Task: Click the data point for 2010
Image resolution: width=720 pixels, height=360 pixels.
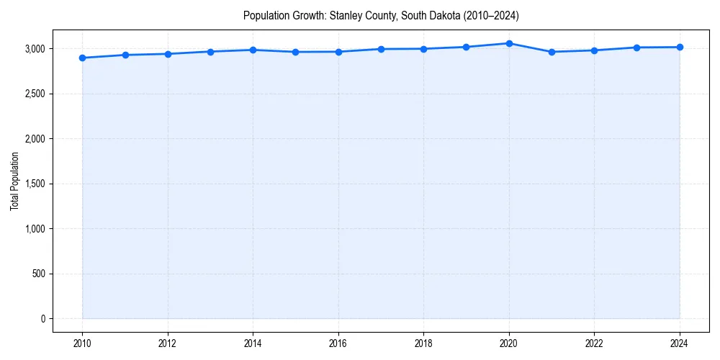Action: (x=82, y=58)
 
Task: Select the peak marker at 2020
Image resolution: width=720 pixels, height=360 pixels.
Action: (x=509, y=43)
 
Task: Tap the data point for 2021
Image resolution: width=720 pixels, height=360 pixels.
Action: (x=552, y=52)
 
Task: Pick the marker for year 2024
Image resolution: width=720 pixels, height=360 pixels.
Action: (x=680, y=48)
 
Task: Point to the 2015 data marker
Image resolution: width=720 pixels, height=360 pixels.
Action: (x=296, y=52)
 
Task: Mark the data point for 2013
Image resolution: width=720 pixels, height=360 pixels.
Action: (x=210, y=52)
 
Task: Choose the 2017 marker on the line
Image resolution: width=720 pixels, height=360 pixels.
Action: (x=381, y=49)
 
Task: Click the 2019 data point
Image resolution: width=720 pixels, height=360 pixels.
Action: (x=467, y=47)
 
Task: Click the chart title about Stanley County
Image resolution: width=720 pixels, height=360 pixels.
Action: (x=381, y=15)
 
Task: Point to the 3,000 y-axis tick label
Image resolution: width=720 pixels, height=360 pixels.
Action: (x=34, y=49)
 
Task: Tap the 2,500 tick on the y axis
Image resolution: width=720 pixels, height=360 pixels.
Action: (x=34, y=94)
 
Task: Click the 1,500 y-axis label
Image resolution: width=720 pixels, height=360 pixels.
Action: (x=34, y=184)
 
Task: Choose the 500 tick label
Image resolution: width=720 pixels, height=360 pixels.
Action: (x=39, y=274)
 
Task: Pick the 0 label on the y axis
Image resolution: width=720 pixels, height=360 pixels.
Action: (x=42, y=319)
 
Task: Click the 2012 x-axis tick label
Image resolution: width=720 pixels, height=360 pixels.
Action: (x=168, y=343)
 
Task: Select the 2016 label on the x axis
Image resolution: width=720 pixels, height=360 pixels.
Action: (x=338, y=343)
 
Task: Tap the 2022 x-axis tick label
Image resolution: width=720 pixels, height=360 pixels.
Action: (x=594, y=343)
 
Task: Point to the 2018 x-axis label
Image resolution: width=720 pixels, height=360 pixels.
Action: (x=423, y=343)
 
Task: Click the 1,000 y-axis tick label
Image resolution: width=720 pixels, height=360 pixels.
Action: (x=34, y=229)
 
